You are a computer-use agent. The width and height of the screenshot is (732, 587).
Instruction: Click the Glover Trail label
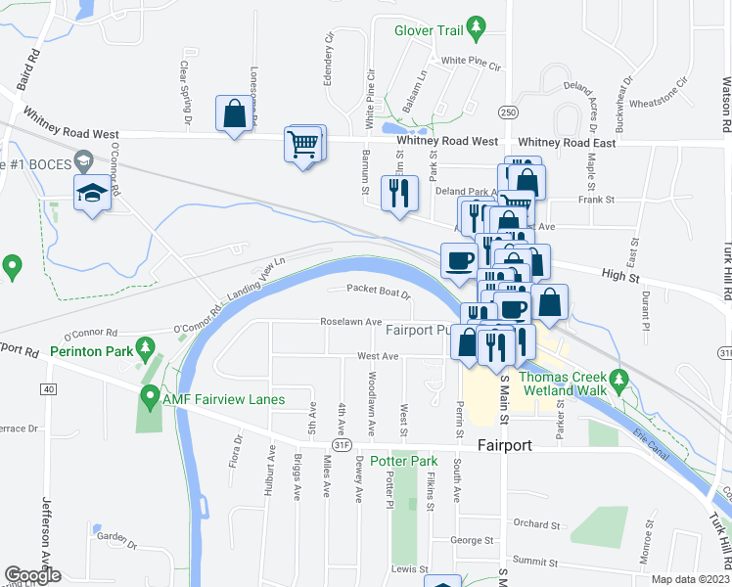coord(428,30)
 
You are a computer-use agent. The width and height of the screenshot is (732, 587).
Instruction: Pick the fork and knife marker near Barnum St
coord(398,193)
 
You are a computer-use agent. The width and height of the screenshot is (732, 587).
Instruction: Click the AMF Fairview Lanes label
coord(224,399)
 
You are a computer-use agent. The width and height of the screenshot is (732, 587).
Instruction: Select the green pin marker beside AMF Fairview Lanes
coord(150,396)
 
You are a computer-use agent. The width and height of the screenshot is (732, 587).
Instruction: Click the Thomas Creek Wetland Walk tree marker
coord(618,378)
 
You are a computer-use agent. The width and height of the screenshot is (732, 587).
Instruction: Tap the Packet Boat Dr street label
coord(379,291)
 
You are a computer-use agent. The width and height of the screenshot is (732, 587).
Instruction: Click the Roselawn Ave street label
coord(350,322)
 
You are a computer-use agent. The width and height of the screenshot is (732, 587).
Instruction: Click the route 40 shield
coord(48,389)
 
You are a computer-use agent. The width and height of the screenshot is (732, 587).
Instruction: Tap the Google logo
coord(33,575)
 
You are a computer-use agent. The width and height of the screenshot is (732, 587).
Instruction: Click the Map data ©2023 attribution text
coord(691,579)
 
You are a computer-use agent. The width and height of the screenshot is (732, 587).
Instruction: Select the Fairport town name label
coord(504,445)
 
